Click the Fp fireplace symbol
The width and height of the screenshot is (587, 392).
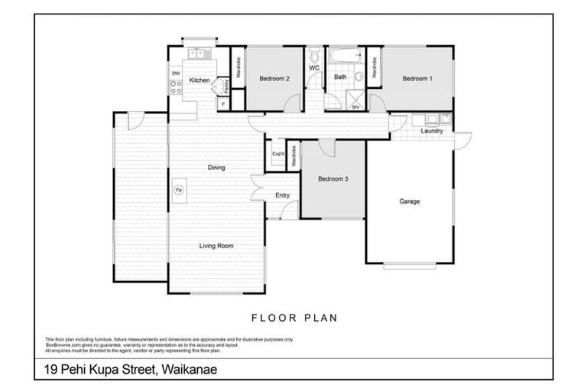click(178, 190)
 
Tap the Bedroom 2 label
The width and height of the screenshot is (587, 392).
click(274, 78)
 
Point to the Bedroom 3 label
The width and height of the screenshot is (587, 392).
click(333, 179)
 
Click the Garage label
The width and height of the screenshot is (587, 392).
click(409, 201)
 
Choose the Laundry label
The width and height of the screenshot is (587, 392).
click(432, 131)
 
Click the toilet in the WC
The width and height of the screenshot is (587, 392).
click(314, 57)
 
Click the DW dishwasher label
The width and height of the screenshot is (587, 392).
click(176, 73)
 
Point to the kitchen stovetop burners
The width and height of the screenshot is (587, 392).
click(175, 87)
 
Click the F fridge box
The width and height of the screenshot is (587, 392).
click(223, 103)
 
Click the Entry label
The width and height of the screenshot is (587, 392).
click(282, 195)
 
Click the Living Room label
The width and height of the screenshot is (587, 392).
click(216, 246)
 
